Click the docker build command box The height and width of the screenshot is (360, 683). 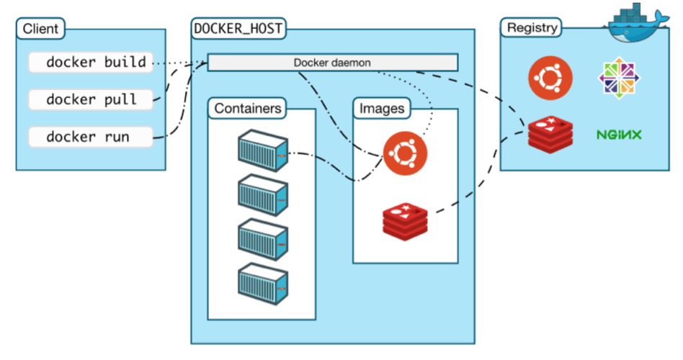pyautogui.click(x=91, y=62)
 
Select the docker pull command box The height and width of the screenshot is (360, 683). pyautogui.click(x=91, y=99)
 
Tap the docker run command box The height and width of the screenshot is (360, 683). pyautogui.click(x=91, y=136)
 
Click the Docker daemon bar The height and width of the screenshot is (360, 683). pyautogui.click(x=332, y=63)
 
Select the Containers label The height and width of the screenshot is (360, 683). pyautogui.click(x=248, y=109)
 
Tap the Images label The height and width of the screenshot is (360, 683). pyautogui.click(x=381, y=109)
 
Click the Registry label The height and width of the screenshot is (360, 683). pyautogui.click(x=532, y=28)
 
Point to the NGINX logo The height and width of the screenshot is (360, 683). pyautogui.click(x=619, y=135)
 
